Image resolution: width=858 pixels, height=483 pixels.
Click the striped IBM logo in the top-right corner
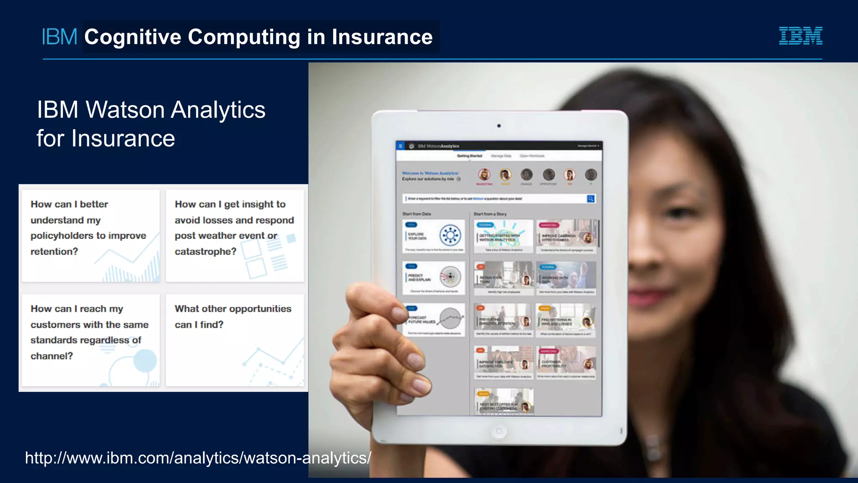tap(800, 36)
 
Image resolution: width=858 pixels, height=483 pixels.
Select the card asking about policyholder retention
tap(90, 236)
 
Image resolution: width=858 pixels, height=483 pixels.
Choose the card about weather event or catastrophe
tap(235, 236)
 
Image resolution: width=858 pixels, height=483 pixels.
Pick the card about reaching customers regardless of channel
tap(90, 340)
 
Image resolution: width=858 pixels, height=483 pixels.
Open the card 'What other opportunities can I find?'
tap(235, 340)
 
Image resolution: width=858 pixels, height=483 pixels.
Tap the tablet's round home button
tap(499, 431)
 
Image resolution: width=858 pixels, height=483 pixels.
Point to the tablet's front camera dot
tap(499, 126)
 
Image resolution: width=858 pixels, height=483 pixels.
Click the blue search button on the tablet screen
tap(591, 199)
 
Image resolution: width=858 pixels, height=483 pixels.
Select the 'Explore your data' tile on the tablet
tap(434, 236)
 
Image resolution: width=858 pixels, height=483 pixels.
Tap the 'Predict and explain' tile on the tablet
tap(434, 278)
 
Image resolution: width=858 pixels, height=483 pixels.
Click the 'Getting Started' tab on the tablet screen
tap(469, 156)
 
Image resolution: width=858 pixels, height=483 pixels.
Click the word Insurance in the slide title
tap(382, 37)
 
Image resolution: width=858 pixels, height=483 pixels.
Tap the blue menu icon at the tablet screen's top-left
tap(401, 146)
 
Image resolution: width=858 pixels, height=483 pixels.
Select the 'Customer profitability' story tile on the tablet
tap(566, 363)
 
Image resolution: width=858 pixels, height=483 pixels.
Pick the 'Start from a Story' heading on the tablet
tap(490, 214)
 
